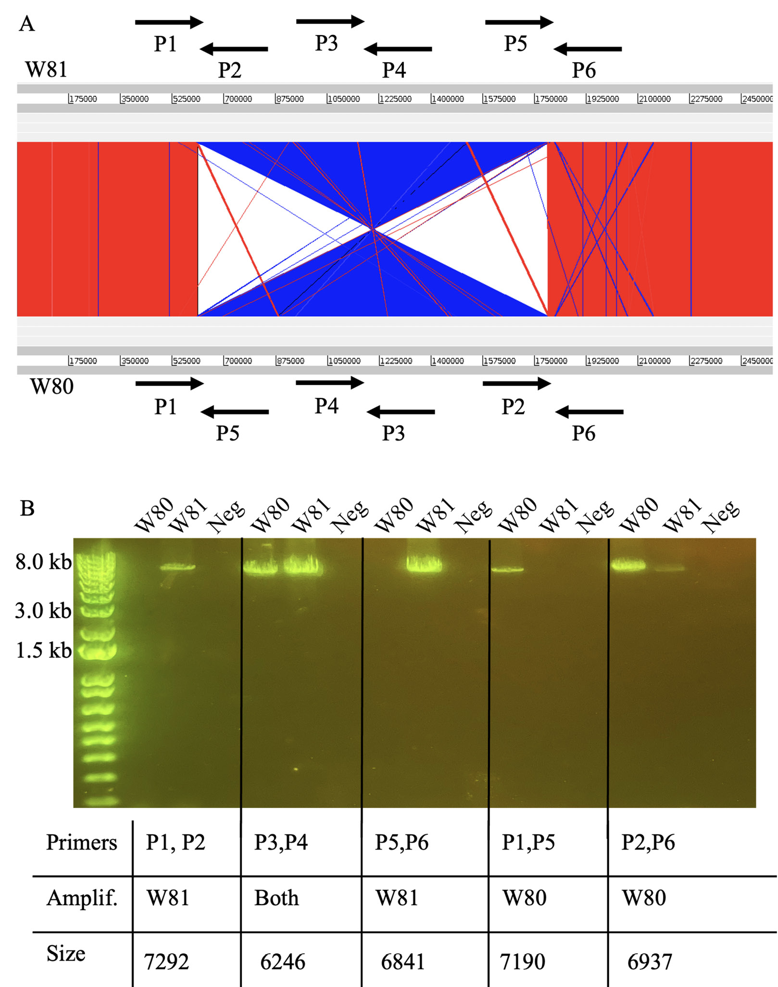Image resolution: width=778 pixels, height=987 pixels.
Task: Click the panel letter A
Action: point(27,24)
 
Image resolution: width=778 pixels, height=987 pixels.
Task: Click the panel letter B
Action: point(27,508)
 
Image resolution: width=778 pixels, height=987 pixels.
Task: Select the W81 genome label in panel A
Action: point(46,69)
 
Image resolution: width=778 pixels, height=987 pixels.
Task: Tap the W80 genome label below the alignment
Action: point(52,386)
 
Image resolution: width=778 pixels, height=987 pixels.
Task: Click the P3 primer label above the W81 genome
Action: point(326,43)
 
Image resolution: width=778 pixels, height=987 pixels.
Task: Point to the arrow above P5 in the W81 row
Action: point(519,22)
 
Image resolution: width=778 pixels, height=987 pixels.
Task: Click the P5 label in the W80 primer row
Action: point(228,433)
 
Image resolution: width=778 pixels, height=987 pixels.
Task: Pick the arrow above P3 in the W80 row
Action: point(401,412)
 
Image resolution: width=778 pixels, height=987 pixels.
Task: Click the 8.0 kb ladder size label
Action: point(43,562)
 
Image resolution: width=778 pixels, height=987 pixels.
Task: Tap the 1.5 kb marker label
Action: point(43,650)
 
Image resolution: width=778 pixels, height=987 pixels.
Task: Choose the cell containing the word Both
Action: point(276,898)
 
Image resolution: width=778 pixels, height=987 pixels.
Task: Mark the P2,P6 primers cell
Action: point(648,842)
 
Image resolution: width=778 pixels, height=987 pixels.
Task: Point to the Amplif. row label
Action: point(82,898)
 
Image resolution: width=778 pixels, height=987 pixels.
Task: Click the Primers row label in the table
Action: point(82,842)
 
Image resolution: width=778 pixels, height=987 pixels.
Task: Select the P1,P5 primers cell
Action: point(528,842)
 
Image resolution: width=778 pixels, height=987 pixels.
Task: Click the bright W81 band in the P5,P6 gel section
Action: point(424,564)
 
